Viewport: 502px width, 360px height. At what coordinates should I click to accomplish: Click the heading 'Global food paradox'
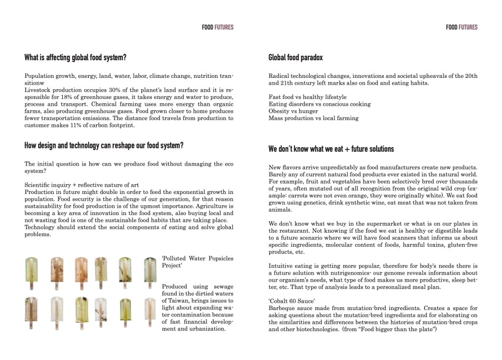(x=295, y=58)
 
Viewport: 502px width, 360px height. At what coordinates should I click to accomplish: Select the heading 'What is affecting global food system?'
(x=75, y=58)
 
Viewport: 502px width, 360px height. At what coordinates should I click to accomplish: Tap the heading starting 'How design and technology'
(x=104, y=146)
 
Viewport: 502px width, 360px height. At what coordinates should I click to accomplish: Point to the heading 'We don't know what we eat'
(x=331, y=149)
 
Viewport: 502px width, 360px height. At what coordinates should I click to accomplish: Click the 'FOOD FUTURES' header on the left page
(x=217, y=27)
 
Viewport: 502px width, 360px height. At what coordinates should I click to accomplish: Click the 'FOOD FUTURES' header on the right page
(x=461, y=27)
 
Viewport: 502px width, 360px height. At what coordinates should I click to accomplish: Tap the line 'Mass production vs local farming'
(x=313, y=118)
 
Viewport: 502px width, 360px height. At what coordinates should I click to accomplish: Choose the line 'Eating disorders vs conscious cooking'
(x=319, y=104)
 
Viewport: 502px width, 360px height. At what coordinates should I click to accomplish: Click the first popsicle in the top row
(x=31, y=272)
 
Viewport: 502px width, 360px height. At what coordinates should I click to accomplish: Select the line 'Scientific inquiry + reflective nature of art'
(x=81, y=185)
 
